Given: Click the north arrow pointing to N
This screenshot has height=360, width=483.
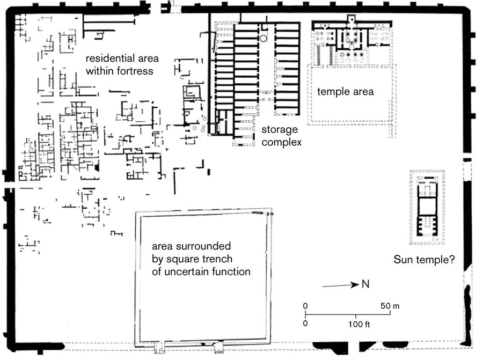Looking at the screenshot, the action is tap(340, 285).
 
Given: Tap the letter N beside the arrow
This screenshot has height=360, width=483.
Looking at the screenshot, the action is tap(365, 284).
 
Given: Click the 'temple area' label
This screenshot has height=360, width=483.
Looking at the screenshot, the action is tap(345, 91).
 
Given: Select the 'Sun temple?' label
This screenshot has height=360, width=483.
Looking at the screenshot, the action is tap(424, 260).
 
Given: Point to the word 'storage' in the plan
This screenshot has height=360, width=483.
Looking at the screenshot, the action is tap(280, 130).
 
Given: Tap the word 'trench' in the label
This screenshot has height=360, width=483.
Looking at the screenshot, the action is tap(218, 259).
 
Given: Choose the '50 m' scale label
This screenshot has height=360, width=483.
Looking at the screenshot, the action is tap(390, 306).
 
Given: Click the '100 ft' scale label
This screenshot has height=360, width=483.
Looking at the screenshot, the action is tap(359, 324).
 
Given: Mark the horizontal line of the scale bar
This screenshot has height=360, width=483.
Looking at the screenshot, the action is tap(348, 315).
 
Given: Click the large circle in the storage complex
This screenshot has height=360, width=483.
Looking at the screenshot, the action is tap(264, 38).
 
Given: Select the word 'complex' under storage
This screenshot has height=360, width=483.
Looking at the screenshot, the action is tap(282, 143).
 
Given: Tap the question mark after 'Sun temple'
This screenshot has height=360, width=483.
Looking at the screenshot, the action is tap(452, 259).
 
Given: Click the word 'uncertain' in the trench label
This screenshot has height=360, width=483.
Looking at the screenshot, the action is tap(186, 271).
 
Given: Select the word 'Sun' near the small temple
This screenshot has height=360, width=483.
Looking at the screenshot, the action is tap(402, 260).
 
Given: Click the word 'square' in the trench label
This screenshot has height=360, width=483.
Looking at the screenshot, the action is tap(183, 259).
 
